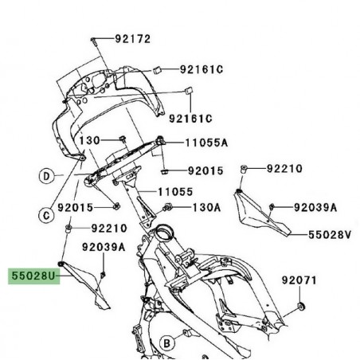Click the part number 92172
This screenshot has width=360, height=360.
133,38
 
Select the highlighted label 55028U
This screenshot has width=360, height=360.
33,276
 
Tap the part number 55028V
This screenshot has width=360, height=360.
331,235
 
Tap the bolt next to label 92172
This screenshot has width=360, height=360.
94,39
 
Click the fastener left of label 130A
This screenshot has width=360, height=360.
166,208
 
